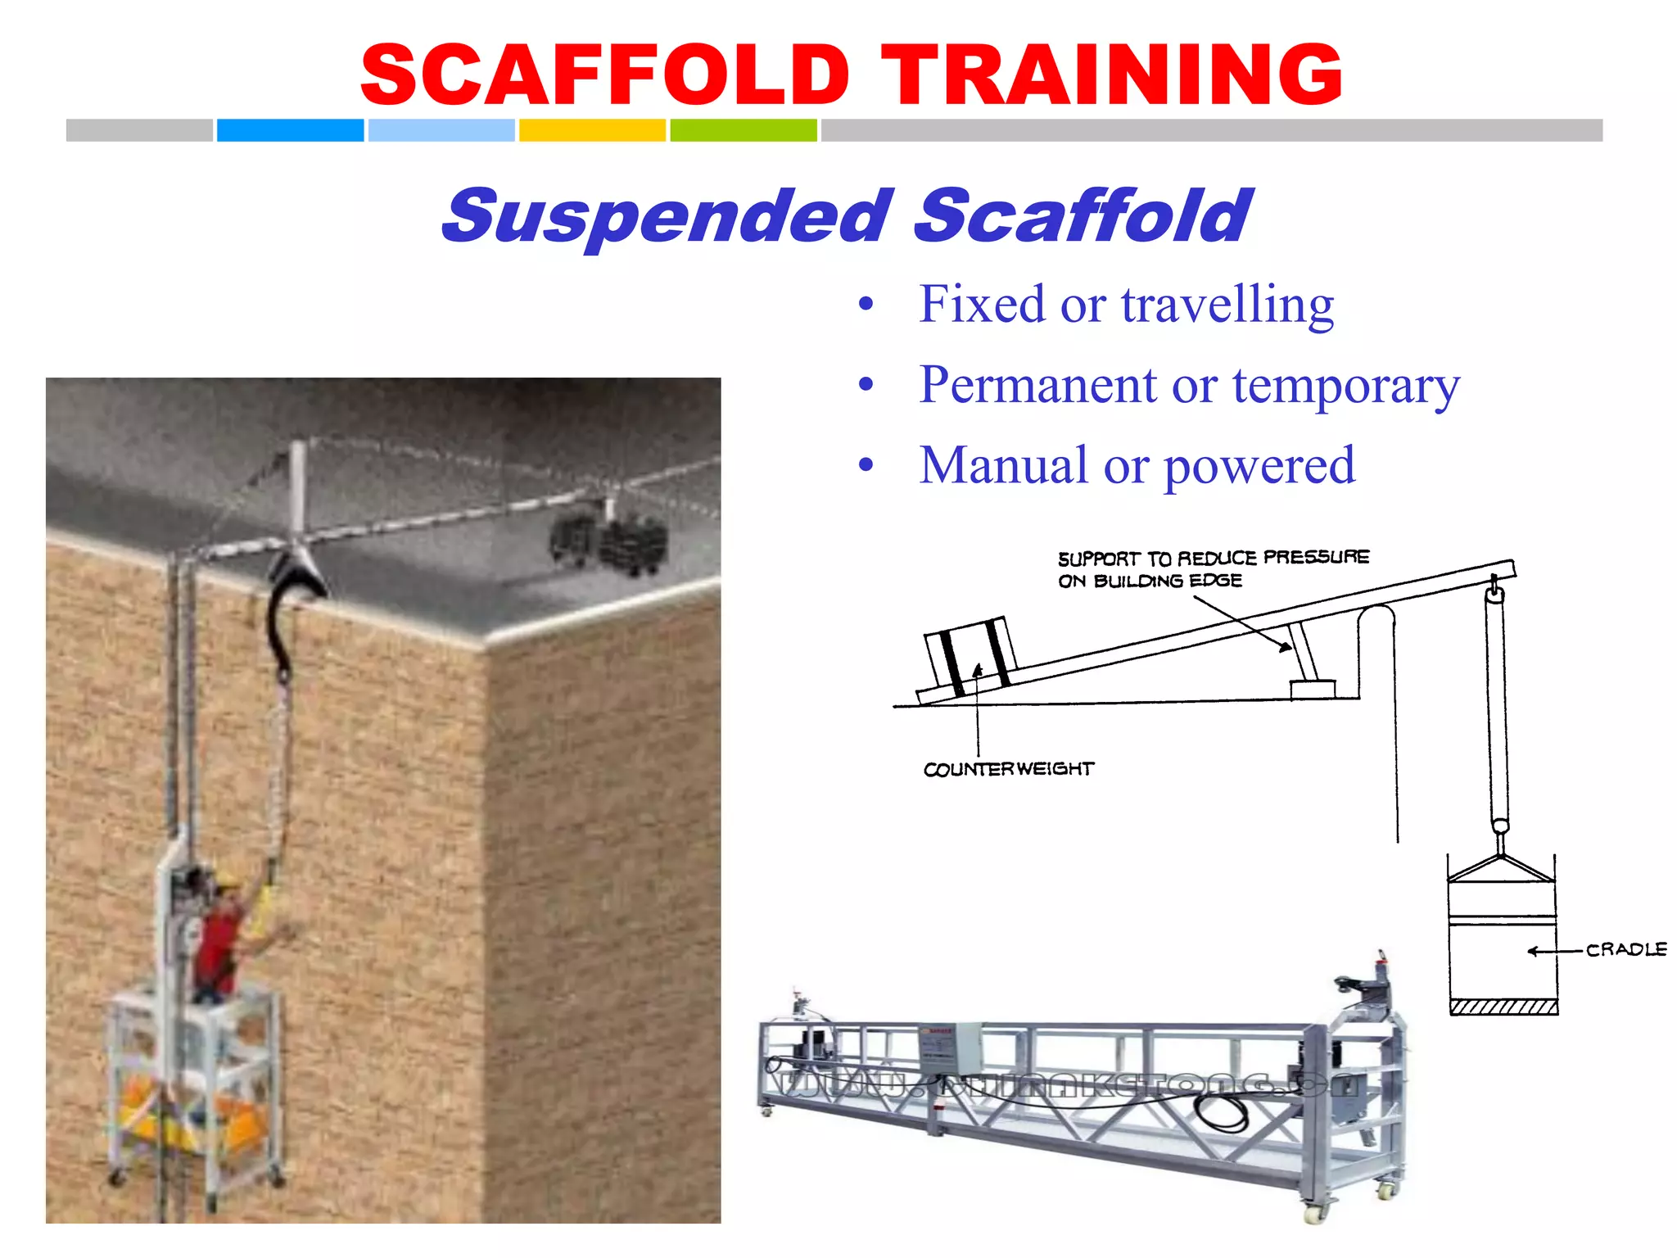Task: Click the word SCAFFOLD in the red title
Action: click(x=605, y=75)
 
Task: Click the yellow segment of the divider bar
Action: click(x=592, y=130)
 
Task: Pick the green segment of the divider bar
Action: click(x=743, y=130)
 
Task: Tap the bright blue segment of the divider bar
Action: click(x=290, y=130)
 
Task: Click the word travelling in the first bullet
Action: click(x=1227, y=305)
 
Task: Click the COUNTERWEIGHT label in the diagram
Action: click(x=1008, y=769)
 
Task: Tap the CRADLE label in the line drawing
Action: click(x=1625, y=949)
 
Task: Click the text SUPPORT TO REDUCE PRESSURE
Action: click(x=1213, y=558)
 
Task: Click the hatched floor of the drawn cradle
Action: click(x=1503, y=1007)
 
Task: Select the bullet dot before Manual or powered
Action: click(x=866, y=465)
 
